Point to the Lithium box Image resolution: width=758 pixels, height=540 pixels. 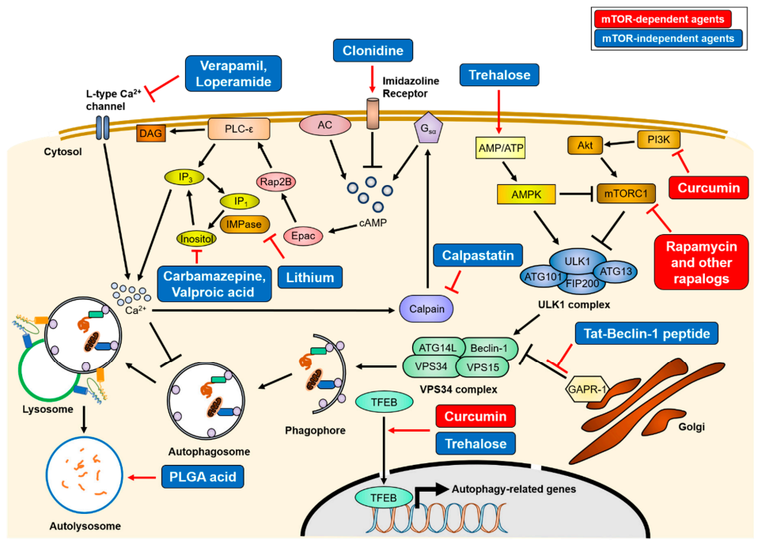click(x=310, y=276)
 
